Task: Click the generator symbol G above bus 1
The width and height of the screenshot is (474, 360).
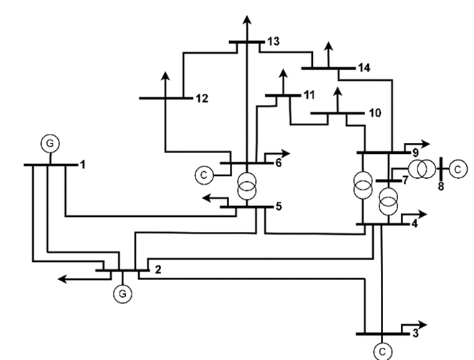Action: (49, 143)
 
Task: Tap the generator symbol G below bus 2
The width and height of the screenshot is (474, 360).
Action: (123, 291)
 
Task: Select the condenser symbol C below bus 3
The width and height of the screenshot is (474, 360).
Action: (383, 350)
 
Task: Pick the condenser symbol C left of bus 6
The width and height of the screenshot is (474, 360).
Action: (204, 173)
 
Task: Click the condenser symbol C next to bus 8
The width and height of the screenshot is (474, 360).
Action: (458, 168)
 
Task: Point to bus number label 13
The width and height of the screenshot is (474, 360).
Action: (272, 42)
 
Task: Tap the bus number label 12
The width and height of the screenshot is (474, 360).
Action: (201, 98)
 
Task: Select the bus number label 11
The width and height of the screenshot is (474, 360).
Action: (309, 94)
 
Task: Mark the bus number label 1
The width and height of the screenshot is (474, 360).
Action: (82, 165)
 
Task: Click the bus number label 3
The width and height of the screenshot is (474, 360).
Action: (414, 334)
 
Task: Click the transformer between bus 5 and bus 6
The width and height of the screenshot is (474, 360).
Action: (246, 185)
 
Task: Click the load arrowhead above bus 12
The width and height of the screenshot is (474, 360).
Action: (166, 74)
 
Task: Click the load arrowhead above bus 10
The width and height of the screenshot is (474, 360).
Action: (337, 91)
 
